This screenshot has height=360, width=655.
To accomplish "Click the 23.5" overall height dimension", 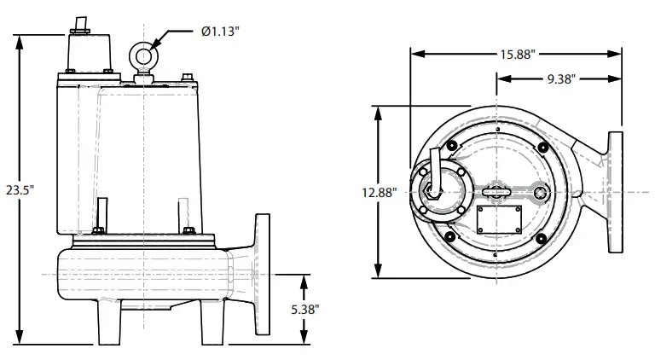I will tap(16, 189).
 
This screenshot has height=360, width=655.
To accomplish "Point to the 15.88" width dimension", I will tap(517, 55).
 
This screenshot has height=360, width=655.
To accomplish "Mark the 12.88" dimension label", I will tap(380, 192).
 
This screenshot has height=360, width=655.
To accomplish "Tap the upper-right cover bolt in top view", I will tap(542, 148).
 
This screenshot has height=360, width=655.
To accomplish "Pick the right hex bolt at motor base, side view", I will tap(188, 229).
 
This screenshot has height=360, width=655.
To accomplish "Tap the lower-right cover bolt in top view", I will tap(542, 238).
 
